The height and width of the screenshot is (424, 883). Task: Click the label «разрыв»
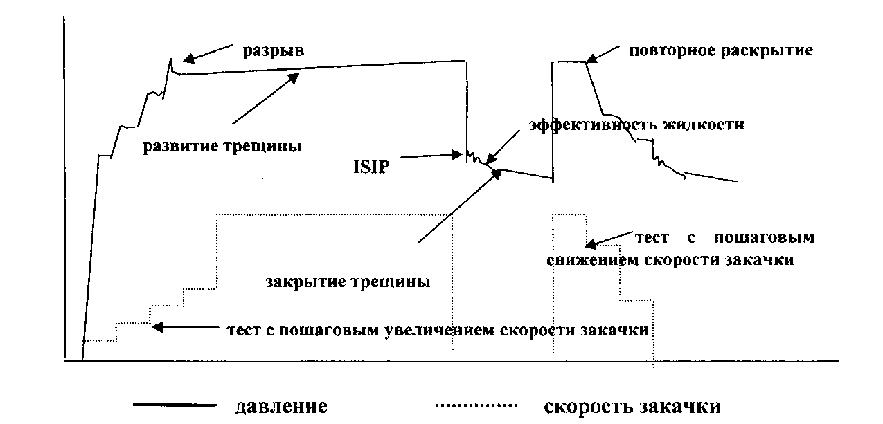pos(273,52)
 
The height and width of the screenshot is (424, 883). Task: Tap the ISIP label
pos(371,167)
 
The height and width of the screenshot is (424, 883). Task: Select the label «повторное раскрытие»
pos(721,51)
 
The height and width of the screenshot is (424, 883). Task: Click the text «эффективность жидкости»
pos(636,125)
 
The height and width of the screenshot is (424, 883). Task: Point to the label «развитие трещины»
pos(222,147)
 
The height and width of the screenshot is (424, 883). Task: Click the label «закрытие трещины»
pos(348,282)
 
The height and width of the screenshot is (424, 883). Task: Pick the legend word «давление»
pos(281,406)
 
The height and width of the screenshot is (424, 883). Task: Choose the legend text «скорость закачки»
pos(632,406)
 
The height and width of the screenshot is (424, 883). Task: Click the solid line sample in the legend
pos(175,405)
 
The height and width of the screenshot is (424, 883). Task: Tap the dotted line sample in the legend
pos(476,405)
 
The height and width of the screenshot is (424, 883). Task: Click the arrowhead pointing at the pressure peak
pos(189,59)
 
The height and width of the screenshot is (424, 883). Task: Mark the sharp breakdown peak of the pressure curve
pos(171,59)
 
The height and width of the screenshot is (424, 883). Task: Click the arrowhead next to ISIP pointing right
pos(456,154)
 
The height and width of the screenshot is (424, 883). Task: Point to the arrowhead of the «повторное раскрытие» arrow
pos(592,58)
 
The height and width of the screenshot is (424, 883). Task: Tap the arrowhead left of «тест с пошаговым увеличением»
pos(158,326)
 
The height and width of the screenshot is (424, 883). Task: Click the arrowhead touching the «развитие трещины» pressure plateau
pos(294,78)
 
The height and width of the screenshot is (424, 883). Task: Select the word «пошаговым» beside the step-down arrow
pos(764,238)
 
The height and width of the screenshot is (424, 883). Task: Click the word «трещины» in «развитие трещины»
pos(263,147)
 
